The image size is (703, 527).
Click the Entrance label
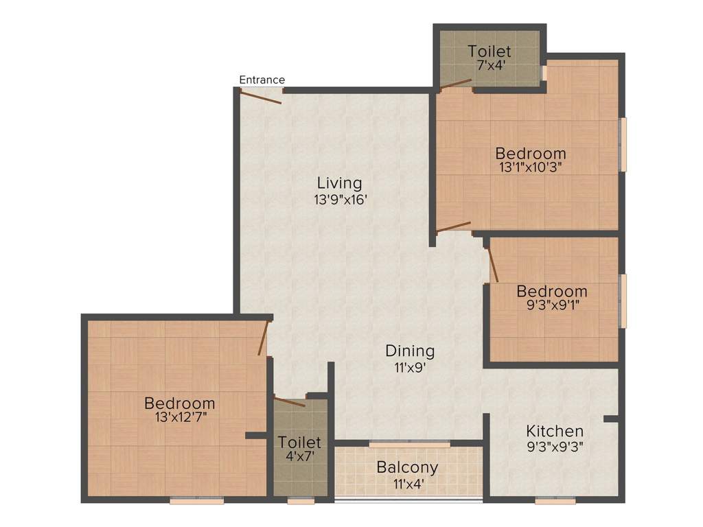[x=262, y=80]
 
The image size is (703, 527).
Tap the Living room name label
[x=339, y=183]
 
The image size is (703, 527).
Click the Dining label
[x=410, y=351]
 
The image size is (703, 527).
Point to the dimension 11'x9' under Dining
[x=410, y=367]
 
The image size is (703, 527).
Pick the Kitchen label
[x=555, y=431]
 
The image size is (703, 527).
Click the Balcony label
[x=407, y=467]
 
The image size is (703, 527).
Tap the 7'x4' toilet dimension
[x=489, y=67]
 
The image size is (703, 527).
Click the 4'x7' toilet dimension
[x=300, y=455]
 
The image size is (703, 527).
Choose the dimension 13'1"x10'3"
[x=531, y=168]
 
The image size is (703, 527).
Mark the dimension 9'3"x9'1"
[x=552, y=305]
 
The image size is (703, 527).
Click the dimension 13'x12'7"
[x=179, y=417]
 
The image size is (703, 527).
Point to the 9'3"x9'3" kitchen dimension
[x=554, y=446]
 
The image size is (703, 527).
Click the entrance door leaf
[x=261, y=97]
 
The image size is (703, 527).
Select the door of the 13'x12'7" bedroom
[x=263, y=338]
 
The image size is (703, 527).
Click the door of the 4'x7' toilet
[x=289, y=401]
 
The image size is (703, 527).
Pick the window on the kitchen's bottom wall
[x=555, y=501]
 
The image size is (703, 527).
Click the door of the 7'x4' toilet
[x=455, y=84]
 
